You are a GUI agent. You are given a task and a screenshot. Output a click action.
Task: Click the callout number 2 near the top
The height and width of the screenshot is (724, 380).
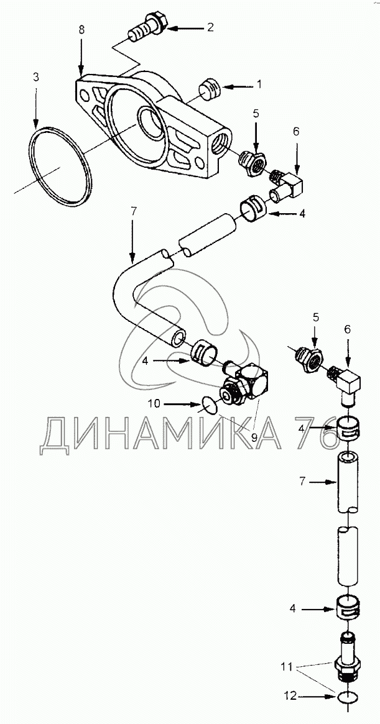[x=211, y=27]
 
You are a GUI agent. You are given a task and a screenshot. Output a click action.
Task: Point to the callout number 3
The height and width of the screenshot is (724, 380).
[x=36, y=77]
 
